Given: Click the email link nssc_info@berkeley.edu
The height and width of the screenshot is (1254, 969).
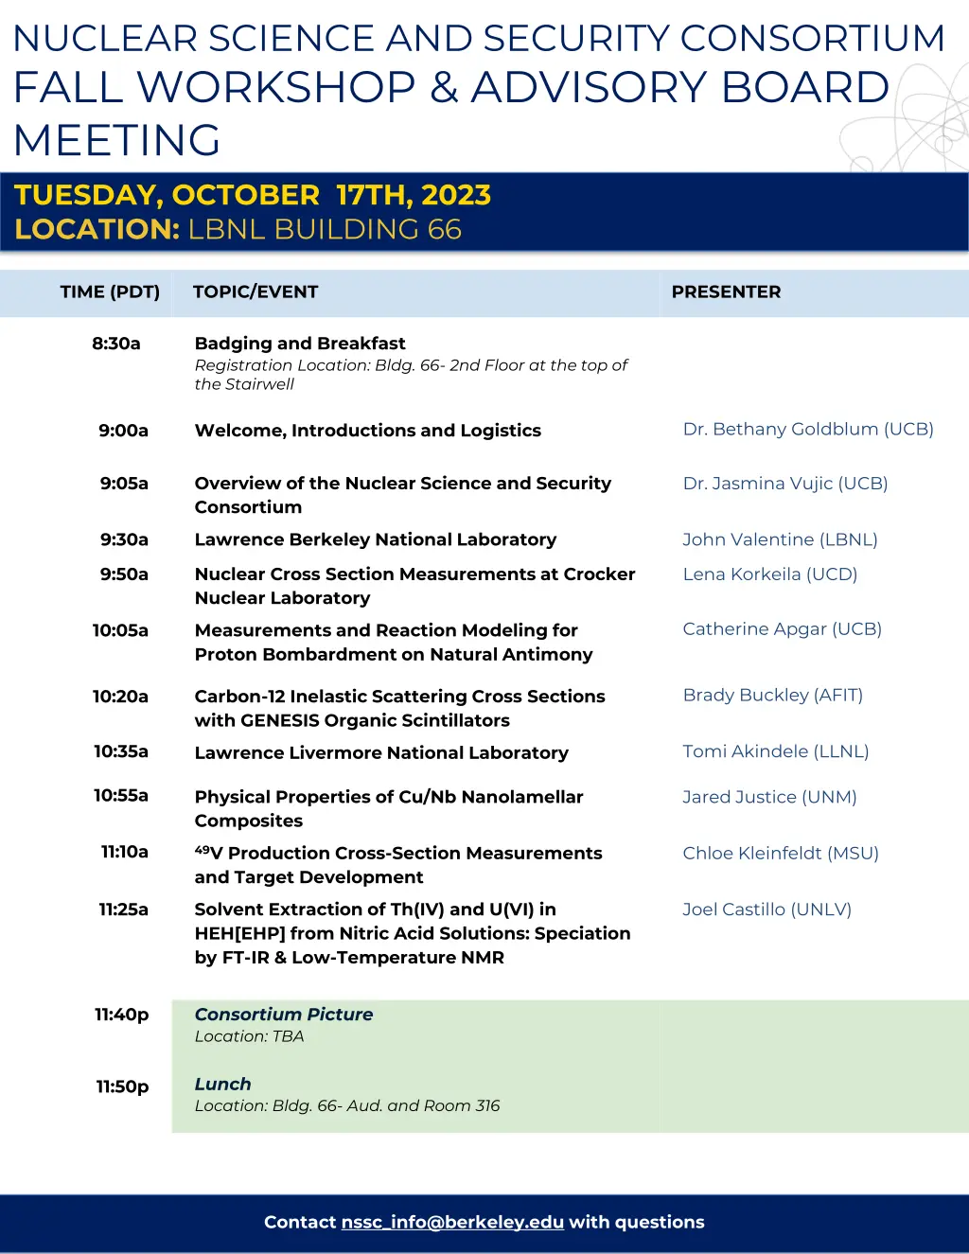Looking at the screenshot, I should (x=452, y=1222).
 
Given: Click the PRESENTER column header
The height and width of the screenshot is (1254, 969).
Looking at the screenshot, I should (x=726, y=291).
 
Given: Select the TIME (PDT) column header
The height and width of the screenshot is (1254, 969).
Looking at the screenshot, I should (x=110, y=291).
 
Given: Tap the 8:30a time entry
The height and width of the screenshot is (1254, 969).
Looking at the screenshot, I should (x=116, y=344).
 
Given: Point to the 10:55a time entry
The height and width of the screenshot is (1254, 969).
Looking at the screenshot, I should (x=121, y=795).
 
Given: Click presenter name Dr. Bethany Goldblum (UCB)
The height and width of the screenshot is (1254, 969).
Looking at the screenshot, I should (x=808, y=429).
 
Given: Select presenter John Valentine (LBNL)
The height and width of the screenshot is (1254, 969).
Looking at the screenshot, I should (x=780, y=539).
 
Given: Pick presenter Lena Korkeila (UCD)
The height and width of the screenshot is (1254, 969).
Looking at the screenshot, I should (x=769, y=574).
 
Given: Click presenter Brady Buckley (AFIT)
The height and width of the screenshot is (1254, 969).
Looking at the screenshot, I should (x=772, y=695).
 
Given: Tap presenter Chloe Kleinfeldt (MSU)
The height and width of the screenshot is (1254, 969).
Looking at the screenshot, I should (x=781, y=853).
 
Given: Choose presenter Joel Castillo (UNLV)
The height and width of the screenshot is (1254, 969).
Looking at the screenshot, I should (x=766, y=910).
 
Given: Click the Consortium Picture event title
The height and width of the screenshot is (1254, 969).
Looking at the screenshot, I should (x=284, y=1015).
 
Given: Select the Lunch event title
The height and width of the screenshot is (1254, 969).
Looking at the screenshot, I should (x=223, y=1084).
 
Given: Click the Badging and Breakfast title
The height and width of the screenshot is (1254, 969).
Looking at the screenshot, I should (x=300, y=344).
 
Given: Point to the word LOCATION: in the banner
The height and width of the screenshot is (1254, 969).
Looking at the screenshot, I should (x=97, y=229).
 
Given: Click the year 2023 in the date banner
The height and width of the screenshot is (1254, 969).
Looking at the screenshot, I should (x=456, y=195).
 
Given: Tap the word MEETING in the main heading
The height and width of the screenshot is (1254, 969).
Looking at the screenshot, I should (x=117, y=140).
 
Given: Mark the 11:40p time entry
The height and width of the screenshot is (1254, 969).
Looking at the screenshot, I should (x=122, y=1015).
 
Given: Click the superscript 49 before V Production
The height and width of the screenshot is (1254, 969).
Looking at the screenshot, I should (x=203, y=849).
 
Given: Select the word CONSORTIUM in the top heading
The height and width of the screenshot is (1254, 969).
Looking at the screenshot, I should (x=813, y=38).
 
